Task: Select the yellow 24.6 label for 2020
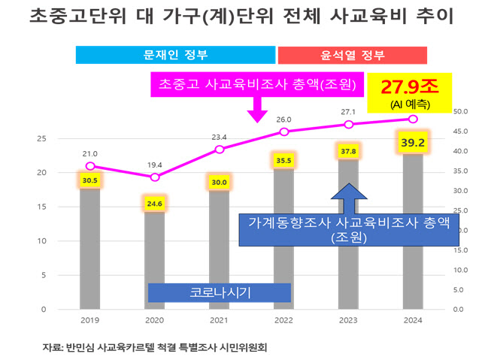[155, 202]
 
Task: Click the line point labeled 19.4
[155, 177]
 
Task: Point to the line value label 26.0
[283, 119]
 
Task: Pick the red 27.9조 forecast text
[409, 86]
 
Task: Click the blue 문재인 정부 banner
[175, 55]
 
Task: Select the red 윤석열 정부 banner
[353, 55]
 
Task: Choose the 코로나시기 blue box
[219, 292]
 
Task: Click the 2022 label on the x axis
[283, 319]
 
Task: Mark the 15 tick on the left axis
[42, 207]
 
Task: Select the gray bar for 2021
[219, 249]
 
